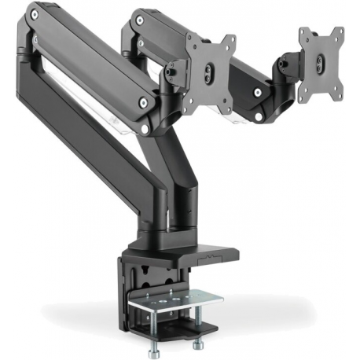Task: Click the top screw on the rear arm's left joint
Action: pyautogui.click(x=138, y=13)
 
